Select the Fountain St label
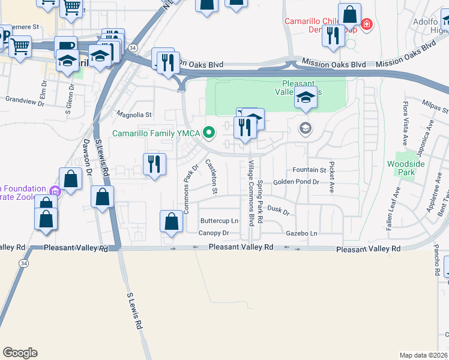point(309,170)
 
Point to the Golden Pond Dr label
point(295,182)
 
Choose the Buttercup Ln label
point(219,221)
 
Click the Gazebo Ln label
point(301,233)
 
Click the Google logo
point(20,353)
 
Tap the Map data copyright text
point(423,355)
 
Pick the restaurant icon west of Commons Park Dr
point(154,164)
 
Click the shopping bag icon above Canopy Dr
point(172,221)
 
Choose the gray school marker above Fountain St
point(306,128)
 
